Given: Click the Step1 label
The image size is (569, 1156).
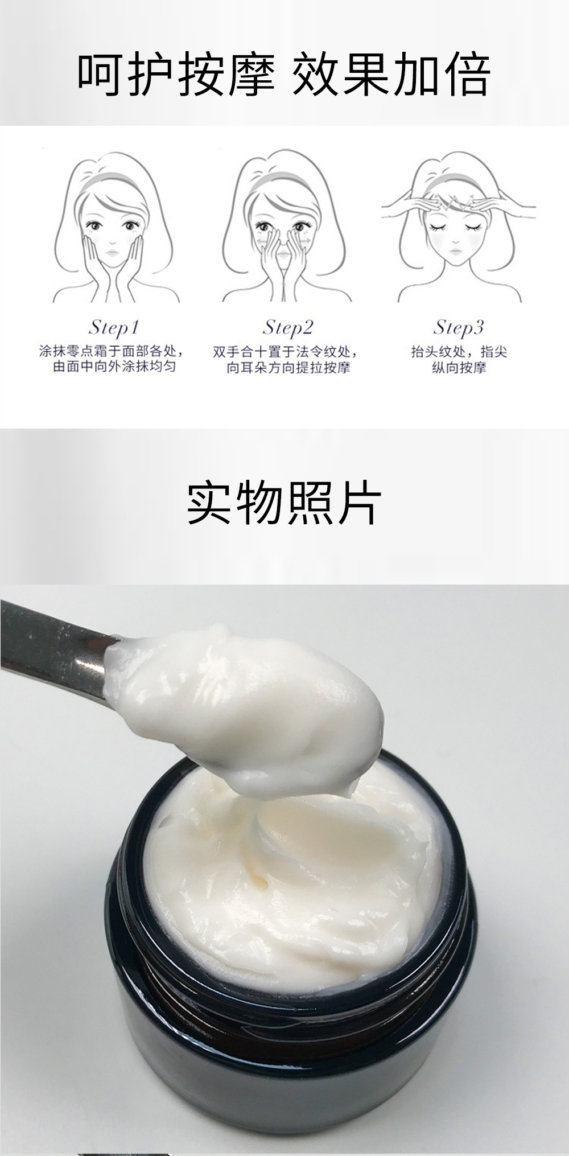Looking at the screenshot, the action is pos(114,327).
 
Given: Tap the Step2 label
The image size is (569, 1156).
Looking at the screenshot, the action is pos(288,327).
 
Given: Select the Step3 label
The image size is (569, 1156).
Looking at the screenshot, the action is pos(459,327).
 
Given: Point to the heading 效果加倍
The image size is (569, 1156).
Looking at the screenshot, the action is pos(391,75).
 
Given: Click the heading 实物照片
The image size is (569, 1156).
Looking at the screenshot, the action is pos(284,504).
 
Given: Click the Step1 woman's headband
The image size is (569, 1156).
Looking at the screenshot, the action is pos(111,180).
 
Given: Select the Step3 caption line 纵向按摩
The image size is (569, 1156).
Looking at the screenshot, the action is pos(459,367).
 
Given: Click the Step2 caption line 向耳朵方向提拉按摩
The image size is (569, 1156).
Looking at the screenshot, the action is pos(288,367).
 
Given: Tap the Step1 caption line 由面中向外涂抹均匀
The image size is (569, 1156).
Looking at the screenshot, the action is pos(114,367).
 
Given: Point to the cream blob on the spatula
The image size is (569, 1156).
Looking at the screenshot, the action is pos(245,706).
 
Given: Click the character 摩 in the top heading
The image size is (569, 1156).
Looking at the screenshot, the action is pos(253,75).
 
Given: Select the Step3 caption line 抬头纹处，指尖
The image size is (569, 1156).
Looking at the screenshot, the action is pos(459,352).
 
